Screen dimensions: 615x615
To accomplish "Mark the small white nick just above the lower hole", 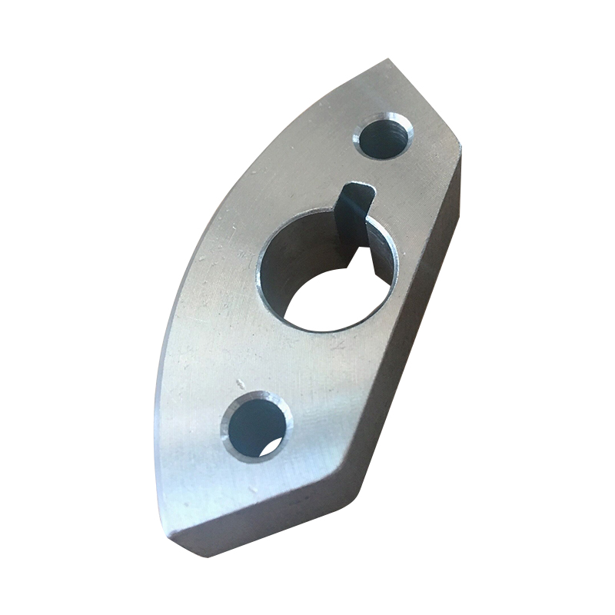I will click(241, 382).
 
